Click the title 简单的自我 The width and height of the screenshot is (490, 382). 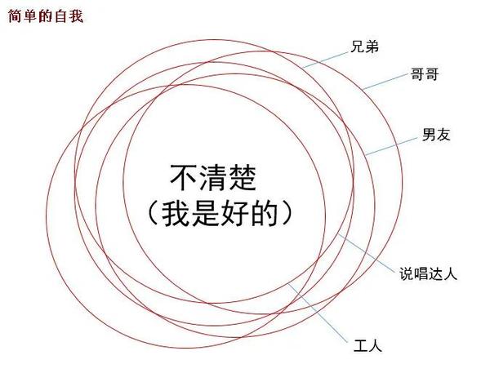(x=42, y=16)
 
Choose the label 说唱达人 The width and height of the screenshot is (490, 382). (x=427, y=273)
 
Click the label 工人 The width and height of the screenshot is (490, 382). (x=368, y=344)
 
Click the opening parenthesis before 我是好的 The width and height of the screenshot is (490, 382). (x=152, y=213)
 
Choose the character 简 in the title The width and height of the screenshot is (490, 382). (x=12, y=16)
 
